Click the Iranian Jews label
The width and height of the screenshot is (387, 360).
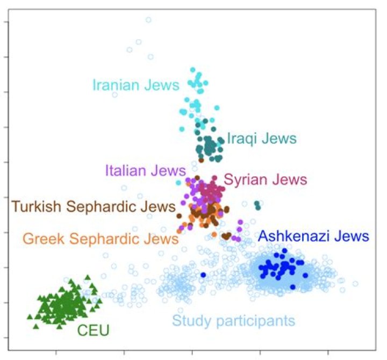pos(135,85)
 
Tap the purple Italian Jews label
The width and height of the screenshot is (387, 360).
pos(145,171)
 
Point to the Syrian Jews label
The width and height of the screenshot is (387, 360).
pos(265,179)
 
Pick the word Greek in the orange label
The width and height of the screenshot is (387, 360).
pos(39,239)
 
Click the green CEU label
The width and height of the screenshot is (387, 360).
pos(93,329)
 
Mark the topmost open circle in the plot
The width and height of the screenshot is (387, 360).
pos(148,20)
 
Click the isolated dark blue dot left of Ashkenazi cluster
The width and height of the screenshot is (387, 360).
pos(203,275)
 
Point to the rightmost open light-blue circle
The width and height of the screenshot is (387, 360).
pos(355,283)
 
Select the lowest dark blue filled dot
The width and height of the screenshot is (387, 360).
pos(292,287)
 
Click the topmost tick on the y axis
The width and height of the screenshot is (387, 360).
pos(5,22)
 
